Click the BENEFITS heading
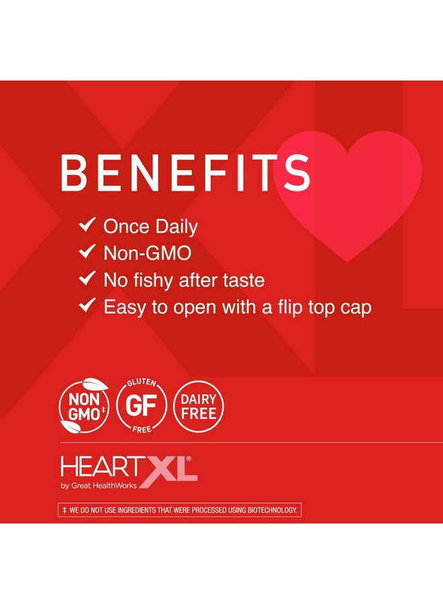[185, 174]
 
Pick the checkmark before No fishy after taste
[87, 279]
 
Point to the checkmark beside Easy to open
[87, 306]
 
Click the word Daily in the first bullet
[175, 227]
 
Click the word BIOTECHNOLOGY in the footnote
[270, 511]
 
